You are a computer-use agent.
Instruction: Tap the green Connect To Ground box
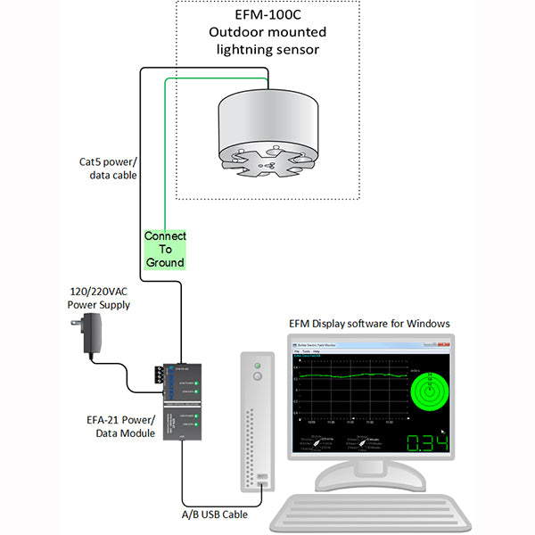(x=165, y=250)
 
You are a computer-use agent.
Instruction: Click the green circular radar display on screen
(x=429, y=391)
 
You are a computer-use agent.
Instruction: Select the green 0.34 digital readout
(x=427, y=443)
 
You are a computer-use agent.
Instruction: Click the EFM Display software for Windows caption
(x=369, y=322)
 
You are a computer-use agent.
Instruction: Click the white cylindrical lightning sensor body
(x=267, y=120)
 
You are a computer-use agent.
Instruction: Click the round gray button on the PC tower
(x=259, y=377)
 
